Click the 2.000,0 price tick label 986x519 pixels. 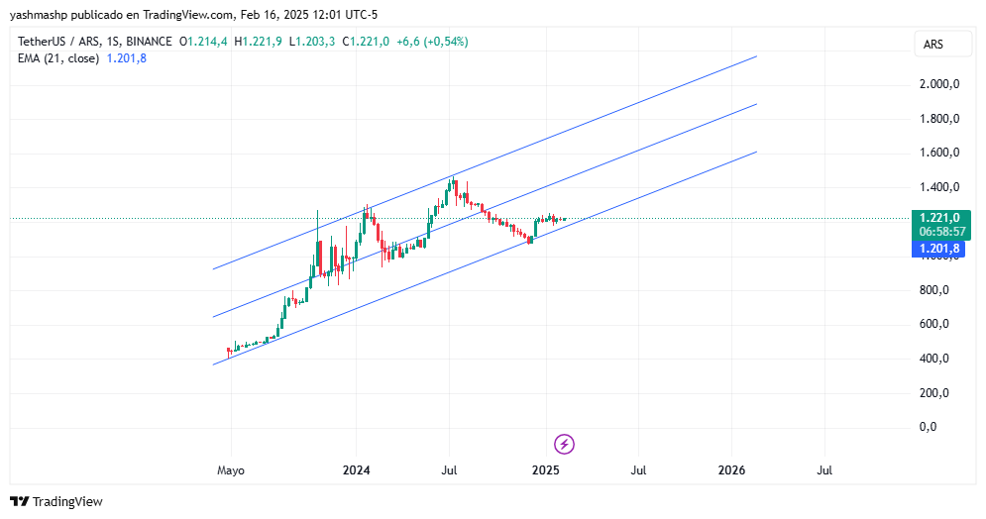point(939,84)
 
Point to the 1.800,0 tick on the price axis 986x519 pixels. point(939,119)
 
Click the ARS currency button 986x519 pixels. point(933,45)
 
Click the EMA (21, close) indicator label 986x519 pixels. point(57,58)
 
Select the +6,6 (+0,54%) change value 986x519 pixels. point(432,42)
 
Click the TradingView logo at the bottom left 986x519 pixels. point(55,502)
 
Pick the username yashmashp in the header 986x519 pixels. point(38,15)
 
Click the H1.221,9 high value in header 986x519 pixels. point(258,42)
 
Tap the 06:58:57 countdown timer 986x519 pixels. point(939,232)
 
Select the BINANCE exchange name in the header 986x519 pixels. point(149,42)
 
